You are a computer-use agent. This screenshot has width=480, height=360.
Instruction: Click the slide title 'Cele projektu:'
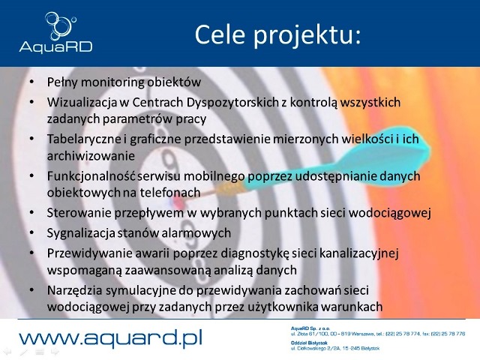(277, 34)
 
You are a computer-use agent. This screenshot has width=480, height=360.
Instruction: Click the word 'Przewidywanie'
(85, 252)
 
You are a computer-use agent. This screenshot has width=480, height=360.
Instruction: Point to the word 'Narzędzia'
(75, 289)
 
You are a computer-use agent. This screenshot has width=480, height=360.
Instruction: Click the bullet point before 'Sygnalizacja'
(31, 232)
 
